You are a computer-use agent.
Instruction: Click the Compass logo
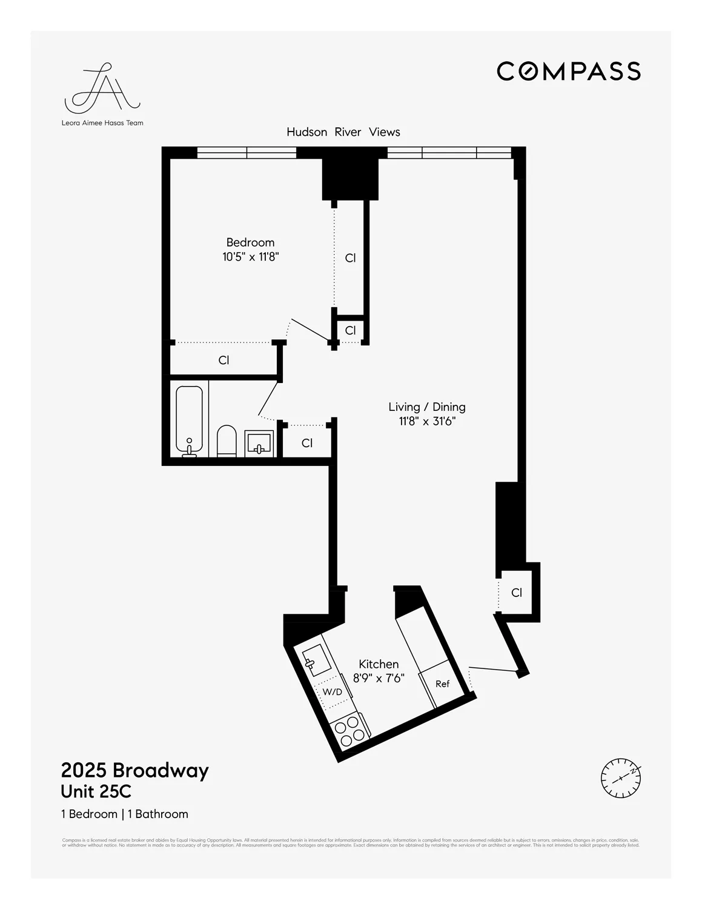point(568,72)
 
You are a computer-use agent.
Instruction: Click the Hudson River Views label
point(343,132)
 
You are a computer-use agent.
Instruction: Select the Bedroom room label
point(250,242)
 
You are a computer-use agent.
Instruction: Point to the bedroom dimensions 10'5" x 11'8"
point(250,257)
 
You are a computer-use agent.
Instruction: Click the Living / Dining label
point(426,407)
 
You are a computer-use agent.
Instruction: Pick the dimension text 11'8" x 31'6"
point(426,422)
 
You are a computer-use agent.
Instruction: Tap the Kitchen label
point(379,664)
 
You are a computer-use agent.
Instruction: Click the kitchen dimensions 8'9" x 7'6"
point(379,679)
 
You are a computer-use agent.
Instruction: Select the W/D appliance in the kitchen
point(333,692)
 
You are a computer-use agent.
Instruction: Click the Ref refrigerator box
point(443,684)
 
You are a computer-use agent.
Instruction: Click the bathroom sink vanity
point(259,444)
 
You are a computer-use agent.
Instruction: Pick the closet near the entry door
point(516,593)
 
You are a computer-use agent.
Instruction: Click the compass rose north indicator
point(621,777)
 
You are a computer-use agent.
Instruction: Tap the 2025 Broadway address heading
point(134,770)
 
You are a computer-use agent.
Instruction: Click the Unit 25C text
point(96,792)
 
